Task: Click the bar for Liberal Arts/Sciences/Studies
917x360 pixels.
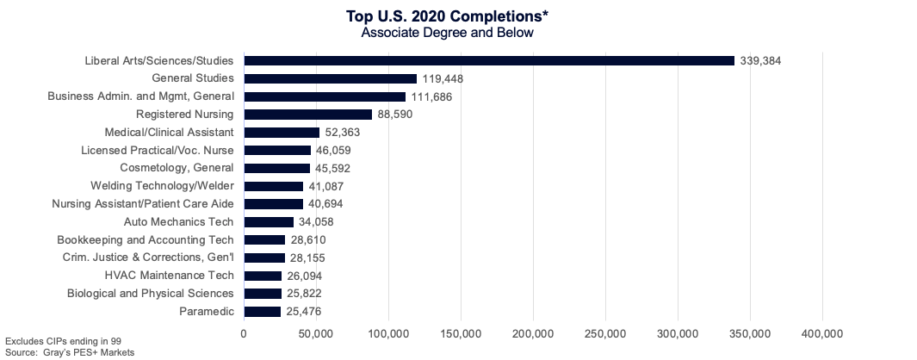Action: [489, 60]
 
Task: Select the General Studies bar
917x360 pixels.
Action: [331, 78]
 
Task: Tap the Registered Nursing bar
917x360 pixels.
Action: [308, 115]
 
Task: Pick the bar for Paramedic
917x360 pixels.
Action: [263, 312]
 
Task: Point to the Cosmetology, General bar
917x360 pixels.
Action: [277, 169]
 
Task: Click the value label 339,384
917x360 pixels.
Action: [760, 61]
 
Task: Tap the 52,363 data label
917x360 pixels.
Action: [344, 133]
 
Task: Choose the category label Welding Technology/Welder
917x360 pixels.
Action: [162, 186]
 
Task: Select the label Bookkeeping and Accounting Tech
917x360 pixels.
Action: [146, 240]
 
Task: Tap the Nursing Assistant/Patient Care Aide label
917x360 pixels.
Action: [143, 204]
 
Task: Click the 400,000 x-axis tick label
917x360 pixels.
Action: [822, 333]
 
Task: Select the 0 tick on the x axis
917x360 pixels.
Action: [244, 333]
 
